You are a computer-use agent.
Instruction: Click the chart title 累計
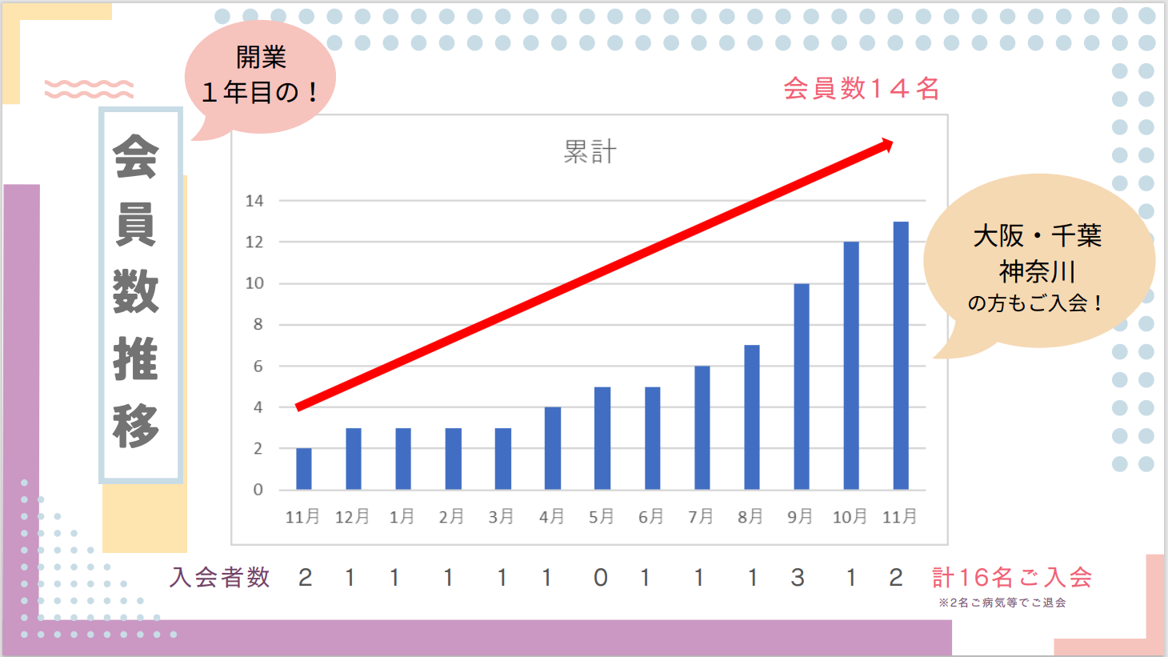tap(590, 151)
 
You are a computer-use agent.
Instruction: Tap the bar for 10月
tap(851, 365)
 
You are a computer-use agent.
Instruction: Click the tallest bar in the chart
tap(901, 355)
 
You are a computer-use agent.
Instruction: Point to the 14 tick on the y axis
tap(254, 201)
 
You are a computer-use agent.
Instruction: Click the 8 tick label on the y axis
tap(258, 324)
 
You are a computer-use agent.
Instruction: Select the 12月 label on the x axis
tap(352, 517)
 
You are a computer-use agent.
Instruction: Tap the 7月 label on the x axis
tap(701, 517)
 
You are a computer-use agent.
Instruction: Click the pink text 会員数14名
tap(861, 88)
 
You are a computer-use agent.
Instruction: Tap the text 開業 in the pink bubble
tap(261, 58)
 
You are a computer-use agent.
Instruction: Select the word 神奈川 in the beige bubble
tap(1037, 271)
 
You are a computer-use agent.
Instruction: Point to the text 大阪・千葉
tap(1037, 235)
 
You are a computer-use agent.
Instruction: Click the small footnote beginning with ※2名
tap(1002, 603)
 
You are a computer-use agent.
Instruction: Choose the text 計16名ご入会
tap(1011, 577)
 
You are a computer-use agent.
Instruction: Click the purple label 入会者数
tap(220, 577)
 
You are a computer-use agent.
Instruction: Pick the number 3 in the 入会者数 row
tap(798, 577)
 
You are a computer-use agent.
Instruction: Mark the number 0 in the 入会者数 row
tap(601, 577)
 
